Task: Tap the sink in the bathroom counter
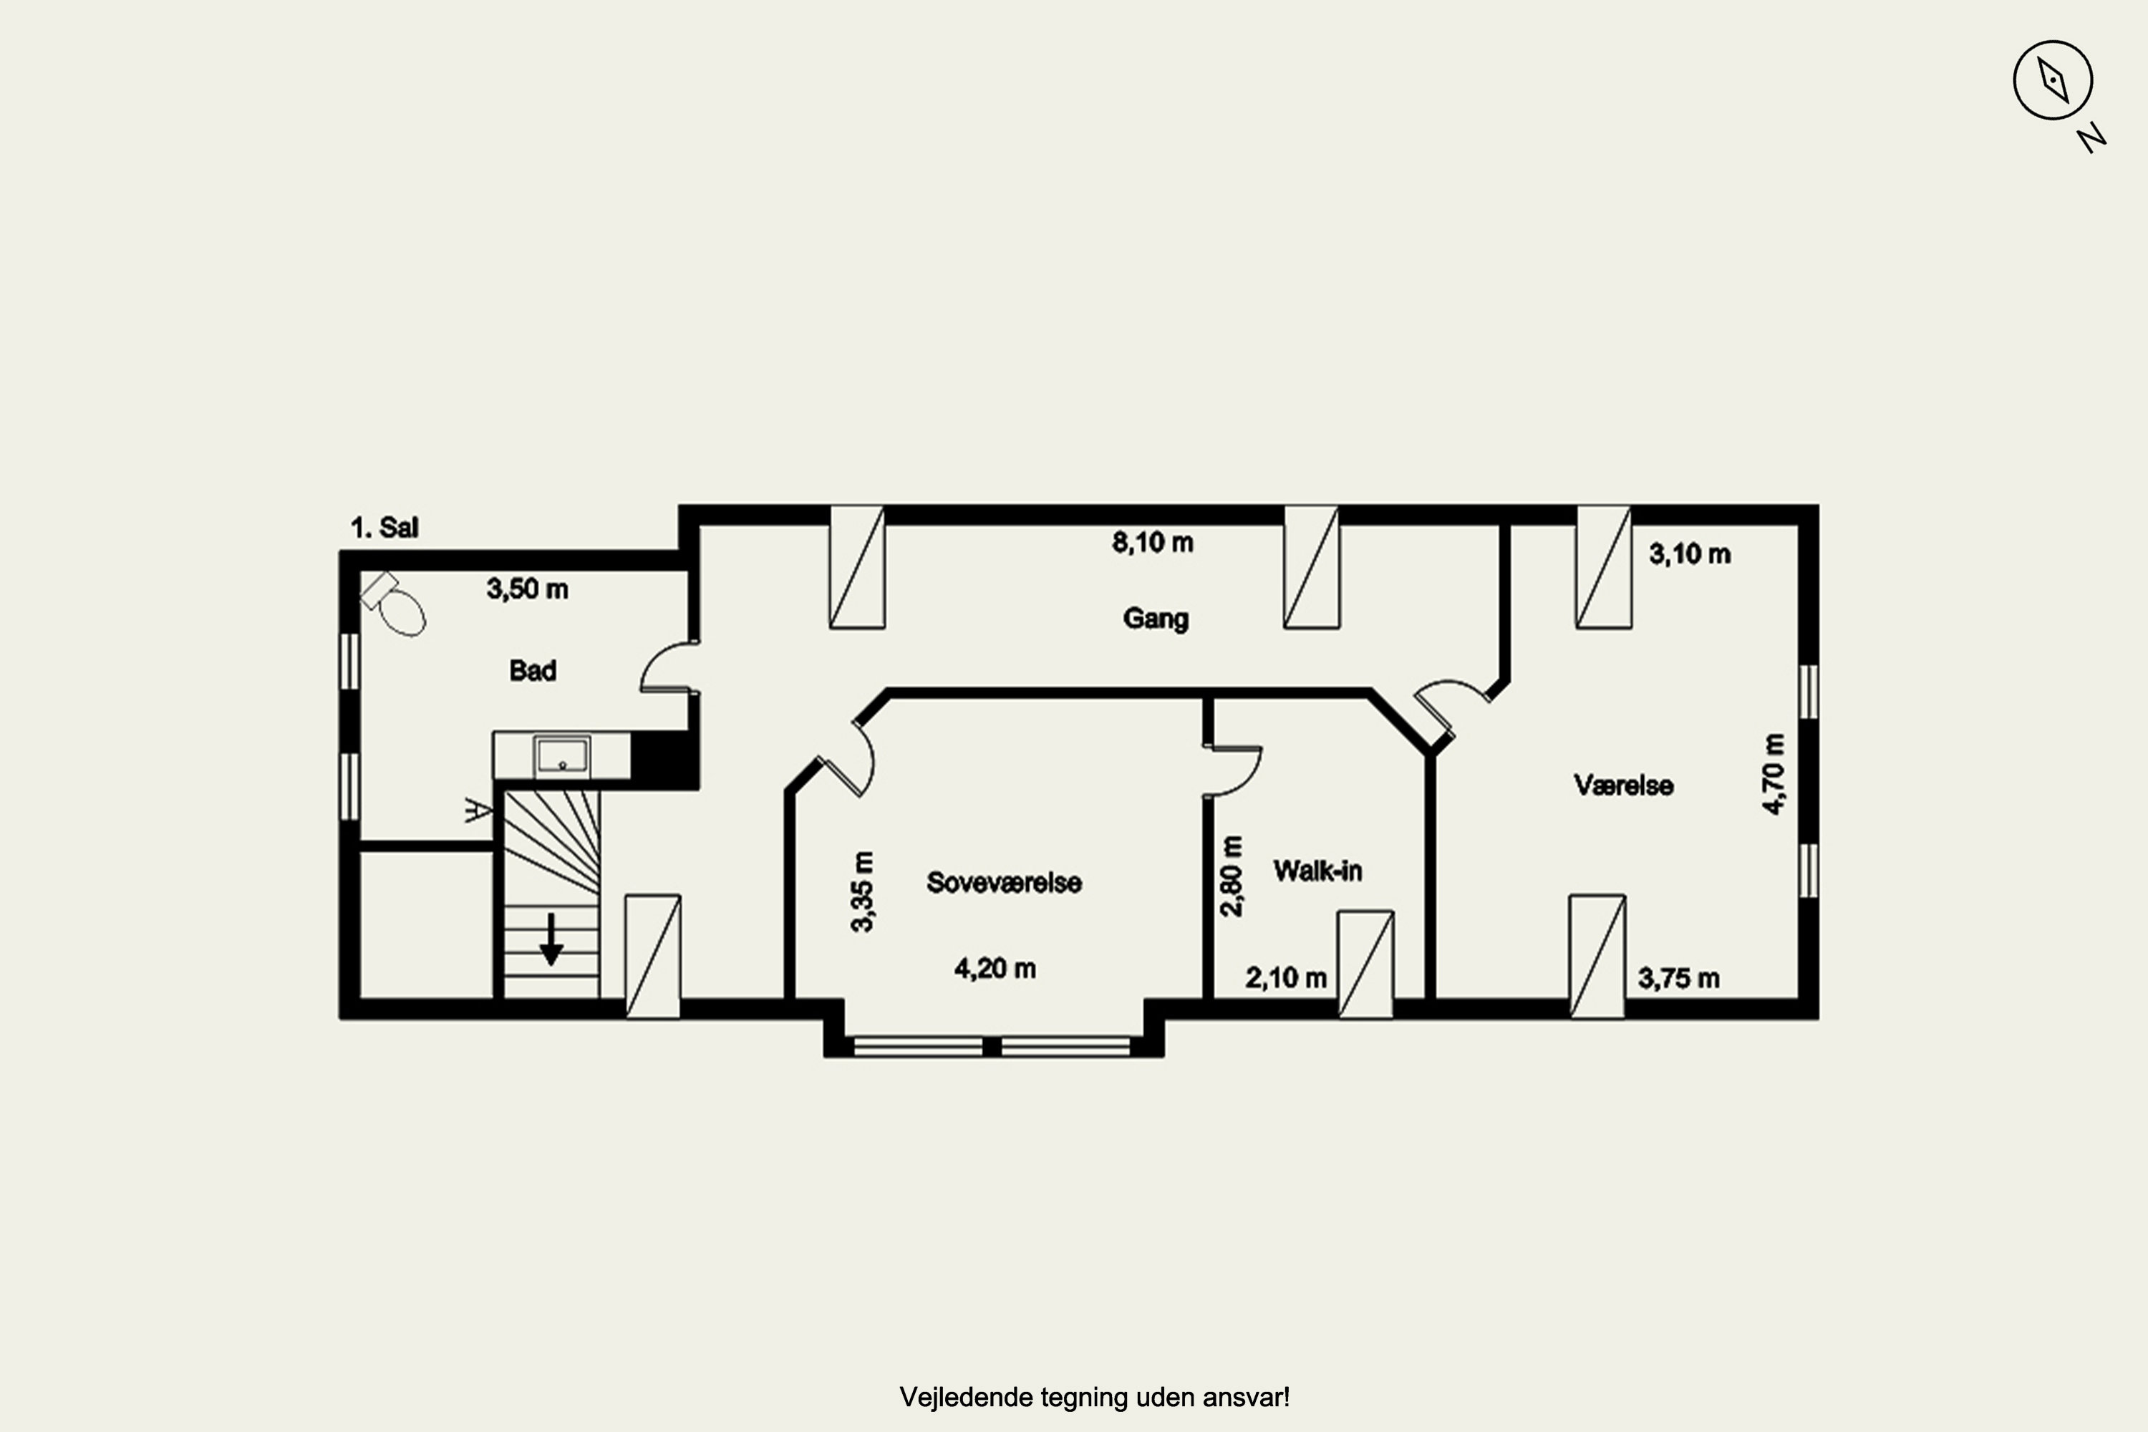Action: (561, 755)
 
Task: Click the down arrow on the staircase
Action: (551, 939)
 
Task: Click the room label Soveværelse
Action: (1004, 882)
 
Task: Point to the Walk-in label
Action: (1317, 871)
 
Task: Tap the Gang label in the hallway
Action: (1156, 619)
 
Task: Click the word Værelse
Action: (1623, 785)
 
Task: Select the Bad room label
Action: (533, 670)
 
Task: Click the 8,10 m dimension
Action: (1153, 543)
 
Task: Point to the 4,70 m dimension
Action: (1773, 773)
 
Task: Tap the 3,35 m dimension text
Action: (862, 891)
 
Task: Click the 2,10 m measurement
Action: (1286, 978)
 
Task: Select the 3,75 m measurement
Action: (1678, 978)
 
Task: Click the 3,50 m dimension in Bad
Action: (527, 589)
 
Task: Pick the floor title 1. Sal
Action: (384, 527)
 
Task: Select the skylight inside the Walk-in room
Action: (1365, 964)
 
